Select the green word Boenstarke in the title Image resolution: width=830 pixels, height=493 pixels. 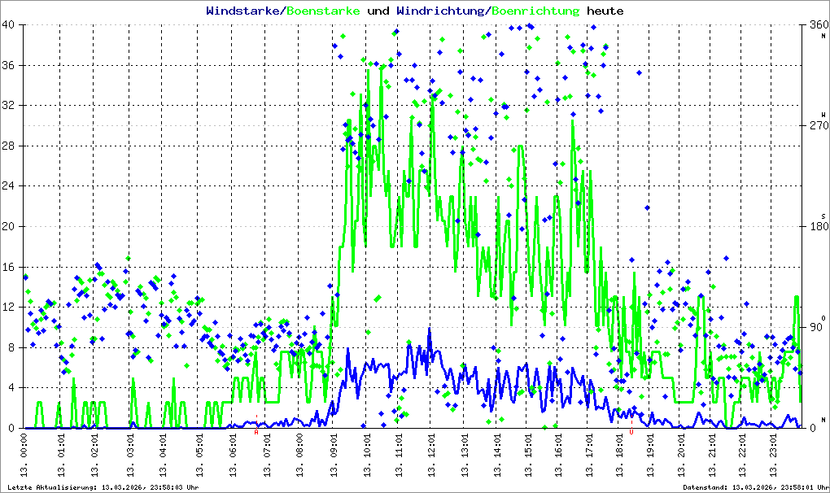coord(324,11)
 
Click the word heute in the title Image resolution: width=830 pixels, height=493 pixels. coord(605,11)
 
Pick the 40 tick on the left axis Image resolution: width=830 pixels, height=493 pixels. coord(11,25)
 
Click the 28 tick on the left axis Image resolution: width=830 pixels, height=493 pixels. coord(11,146)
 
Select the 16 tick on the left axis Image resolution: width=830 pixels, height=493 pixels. coord(11,267)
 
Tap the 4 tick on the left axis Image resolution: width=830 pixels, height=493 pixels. coord(15,388)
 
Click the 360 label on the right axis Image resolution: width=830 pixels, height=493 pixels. coord(816,25)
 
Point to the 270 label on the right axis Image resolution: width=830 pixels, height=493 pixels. coord(816,126)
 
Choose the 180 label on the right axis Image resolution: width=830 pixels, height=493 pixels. coord(816,227)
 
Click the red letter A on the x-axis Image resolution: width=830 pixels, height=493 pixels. coord(256,433)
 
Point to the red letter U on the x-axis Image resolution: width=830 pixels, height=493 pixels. coord(631,433)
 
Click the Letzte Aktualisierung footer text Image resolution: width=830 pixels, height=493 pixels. coord(102,487)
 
